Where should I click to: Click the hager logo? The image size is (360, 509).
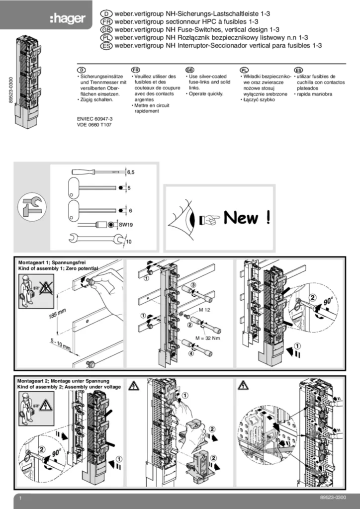(68, 19)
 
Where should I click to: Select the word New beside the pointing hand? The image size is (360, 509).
(241, 218)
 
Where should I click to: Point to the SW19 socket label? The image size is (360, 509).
(127, 225)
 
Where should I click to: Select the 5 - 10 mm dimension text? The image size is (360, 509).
(46, 342)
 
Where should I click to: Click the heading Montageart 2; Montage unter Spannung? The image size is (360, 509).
(63, 381)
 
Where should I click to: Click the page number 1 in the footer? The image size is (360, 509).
(20, 498)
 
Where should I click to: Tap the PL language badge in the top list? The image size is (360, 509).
(106, 38)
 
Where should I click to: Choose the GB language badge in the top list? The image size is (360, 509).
(106, 30)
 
